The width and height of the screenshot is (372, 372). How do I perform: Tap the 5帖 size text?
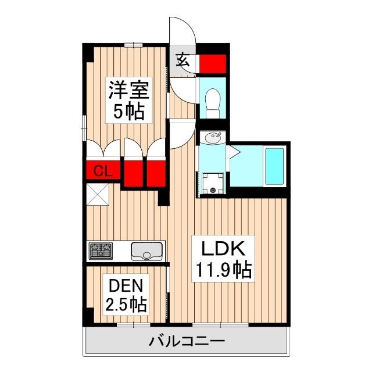(x=128, y=111)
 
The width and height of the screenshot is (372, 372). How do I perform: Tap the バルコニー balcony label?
(x=186, y=341)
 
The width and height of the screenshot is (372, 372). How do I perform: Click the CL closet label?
(x=103, y=171)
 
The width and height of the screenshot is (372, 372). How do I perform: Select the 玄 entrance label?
(x=182, y=59)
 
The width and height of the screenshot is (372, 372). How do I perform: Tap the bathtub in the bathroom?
(x=274, y=166)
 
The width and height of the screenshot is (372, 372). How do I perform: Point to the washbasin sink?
(x=212, y=138)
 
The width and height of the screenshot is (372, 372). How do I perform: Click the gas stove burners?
(x=101, y=251)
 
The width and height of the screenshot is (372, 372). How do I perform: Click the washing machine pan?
(x=212, y=184)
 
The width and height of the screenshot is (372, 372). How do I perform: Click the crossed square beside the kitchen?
(x=97, y=195)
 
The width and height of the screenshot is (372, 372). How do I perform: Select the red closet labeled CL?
(x=103, y=171)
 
